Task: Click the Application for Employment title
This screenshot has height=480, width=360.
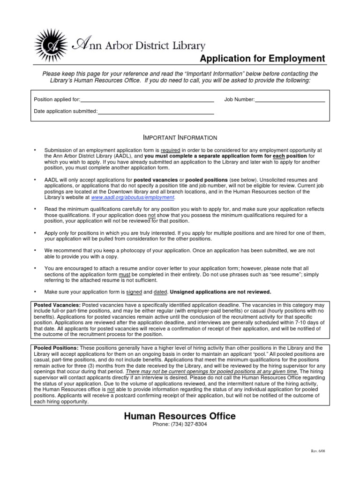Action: (x=262, y=59)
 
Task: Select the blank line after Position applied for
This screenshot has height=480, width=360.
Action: (x=147, y=99)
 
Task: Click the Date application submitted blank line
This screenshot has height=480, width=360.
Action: (x=156, y=112)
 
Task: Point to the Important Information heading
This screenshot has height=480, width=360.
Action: (x=180, y=138)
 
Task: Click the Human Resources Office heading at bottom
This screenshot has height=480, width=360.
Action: (x=180, y=416)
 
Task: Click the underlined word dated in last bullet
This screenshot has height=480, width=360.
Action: (x=160, y=292)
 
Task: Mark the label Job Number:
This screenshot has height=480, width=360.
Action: (x=239, y=99)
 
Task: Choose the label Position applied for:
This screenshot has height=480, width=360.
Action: (x=57, y=99)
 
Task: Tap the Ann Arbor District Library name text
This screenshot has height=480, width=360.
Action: (x=138, y=45)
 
